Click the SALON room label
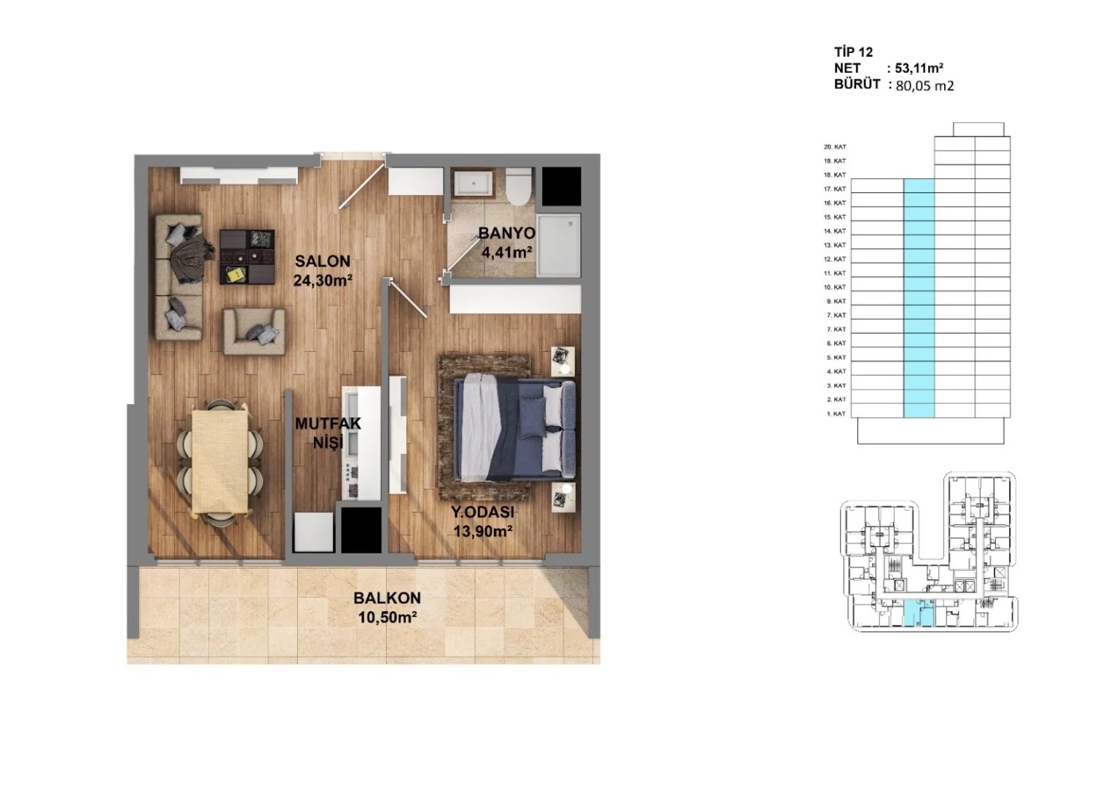tap(322, 261)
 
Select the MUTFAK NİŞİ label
tap(327, 433)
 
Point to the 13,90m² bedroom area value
tap(483, 531)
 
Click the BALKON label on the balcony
tap(387, 598)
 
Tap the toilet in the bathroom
tap(519, 186)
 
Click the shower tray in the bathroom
tap(559, 245)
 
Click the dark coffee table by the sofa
tap(248, 256)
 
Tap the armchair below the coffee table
tap(254, 331)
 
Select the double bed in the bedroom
tap(514, 428)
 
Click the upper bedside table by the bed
tap(562, 361)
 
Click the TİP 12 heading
tap(853, 52)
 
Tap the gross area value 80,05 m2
tap(924, 85)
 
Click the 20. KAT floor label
tap(835, 147)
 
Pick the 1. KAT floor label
tap(836, 414)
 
